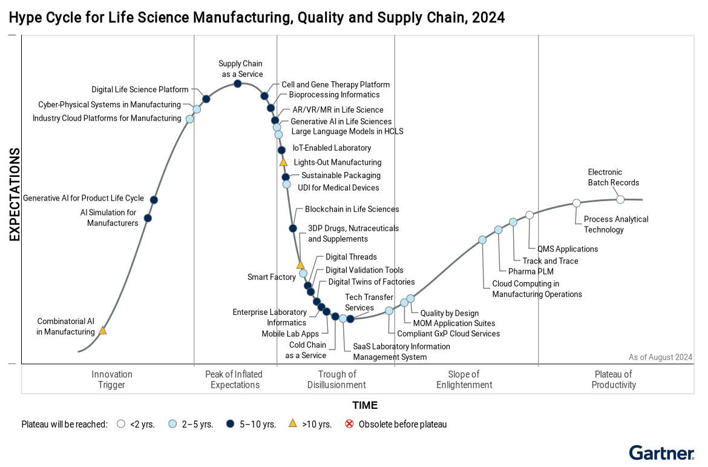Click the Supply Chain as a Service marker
238,84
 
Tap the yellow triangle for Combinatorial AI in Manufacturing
103,331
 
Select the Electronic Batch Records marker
620,199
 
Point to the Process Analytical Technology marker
577,203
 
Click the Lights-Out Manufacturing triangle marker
283,162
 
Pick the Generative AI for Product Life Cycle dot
154,200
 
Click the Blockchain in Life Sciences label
352,209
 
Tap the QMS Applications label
568,249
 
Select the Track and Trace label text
550,261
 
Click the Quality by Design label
449,313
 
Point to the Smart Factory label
271,277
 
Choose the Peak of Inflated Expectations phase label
235,379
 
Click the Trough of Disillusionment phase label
336,379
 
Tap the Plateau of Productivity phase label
614,379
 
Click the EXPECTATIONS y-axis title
15,194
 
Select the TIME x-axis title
365,405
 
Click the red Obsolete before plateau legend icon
349,424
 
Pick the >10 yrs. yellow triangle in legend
293,424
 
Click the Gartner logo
661,453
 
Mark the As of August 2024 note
660,357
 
